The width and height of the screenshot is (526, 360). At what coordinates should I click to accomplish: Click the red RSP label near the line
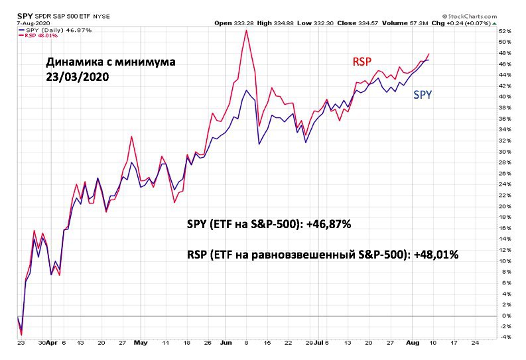[362, 62]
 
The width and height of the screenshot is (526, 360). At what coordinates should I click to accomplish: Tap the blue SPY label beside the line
[423, 95]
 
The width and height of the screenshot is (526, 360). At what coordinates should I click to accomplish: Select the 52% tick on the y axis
[505, 31]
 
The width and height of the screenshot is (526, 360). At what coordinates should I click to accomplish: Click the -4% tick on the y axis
[505, 337]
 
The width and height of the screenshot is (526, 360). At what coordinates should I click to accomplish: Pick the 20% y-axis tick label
[505, 206]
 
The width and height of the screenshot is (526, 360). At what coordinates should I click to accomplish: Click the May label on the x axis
[140, 343]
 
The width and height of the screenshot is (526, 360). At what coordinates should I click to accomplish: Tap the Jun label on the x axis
[226, 343]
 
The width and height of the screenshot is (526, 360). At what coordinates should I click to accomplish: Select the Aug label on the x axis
[413, 343]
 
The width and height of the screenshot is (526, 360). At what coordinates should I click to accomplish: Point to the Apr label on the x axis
[52, 343]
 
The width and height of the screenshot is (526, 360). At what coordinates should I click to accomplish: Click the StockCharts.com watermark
[470, 16]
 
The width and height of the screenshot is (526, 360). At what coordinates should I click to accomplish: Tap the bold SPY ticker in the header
[25, 16]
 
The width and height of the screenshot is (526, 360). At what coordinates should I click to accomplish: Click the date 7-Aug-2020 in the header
[33, 23]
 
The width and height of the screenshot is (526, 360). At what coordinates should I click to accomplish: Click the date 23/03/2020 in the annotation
[78, 77]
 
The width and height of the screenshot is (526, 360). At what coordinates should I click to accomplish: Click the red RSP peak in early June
[246, 30]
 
